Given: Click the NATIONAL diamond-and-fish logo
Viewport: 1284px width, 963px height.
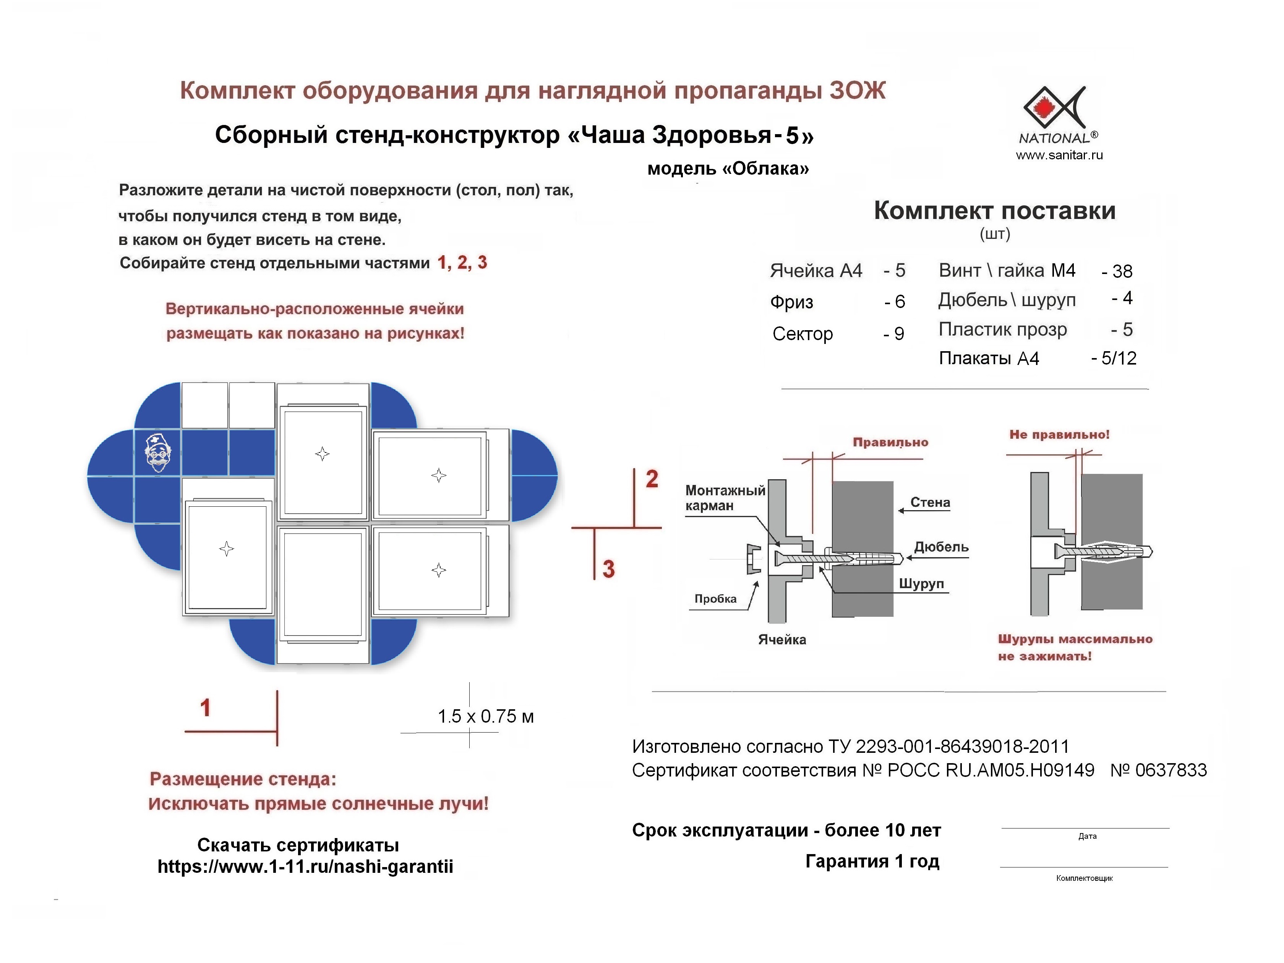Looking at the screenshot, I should (1054, 108).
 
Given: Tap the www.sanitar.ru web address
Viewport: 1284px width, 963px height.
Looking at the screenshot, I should (1059, 155).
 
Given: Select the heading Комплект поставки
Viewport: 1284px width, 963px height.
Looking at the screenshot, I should (994, 211).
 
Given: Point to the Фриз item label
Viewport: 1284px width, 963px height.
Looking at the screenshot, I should (791, 302).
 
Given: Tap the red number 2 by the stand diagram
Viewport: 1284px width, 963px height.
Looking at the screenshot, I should (652, 479).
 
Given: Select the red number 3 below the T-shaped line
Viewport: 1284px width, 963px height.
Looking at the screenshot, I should (608, 569).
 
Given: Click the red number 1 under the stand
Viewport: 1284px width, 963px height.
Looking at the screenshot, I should (205, 708).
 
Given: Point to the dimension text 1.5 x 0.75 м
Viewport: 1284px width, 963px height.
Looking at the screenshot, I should (485, 716).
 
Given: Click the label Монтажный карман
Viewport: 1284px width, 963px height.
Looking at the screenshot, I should (725, 498).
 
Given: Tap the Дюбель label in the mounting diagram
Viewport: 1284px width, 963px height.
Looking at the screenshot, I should (941, 547).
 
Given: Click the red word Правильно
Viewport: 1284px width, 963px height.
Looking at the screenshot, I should (890, 442).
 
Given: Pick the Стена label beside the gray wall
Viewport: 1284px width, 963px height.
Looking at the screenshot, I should (930, 503).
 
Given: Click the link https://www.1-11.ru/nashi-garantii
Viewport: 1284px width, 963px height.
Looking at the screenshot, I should (305, 867).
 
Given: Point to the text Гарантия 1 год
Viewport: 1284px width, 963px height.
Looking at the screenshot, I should (872, 861).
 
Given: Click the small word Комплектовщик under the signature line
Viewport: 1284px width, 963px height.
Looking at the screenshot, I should (1084, 878).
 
